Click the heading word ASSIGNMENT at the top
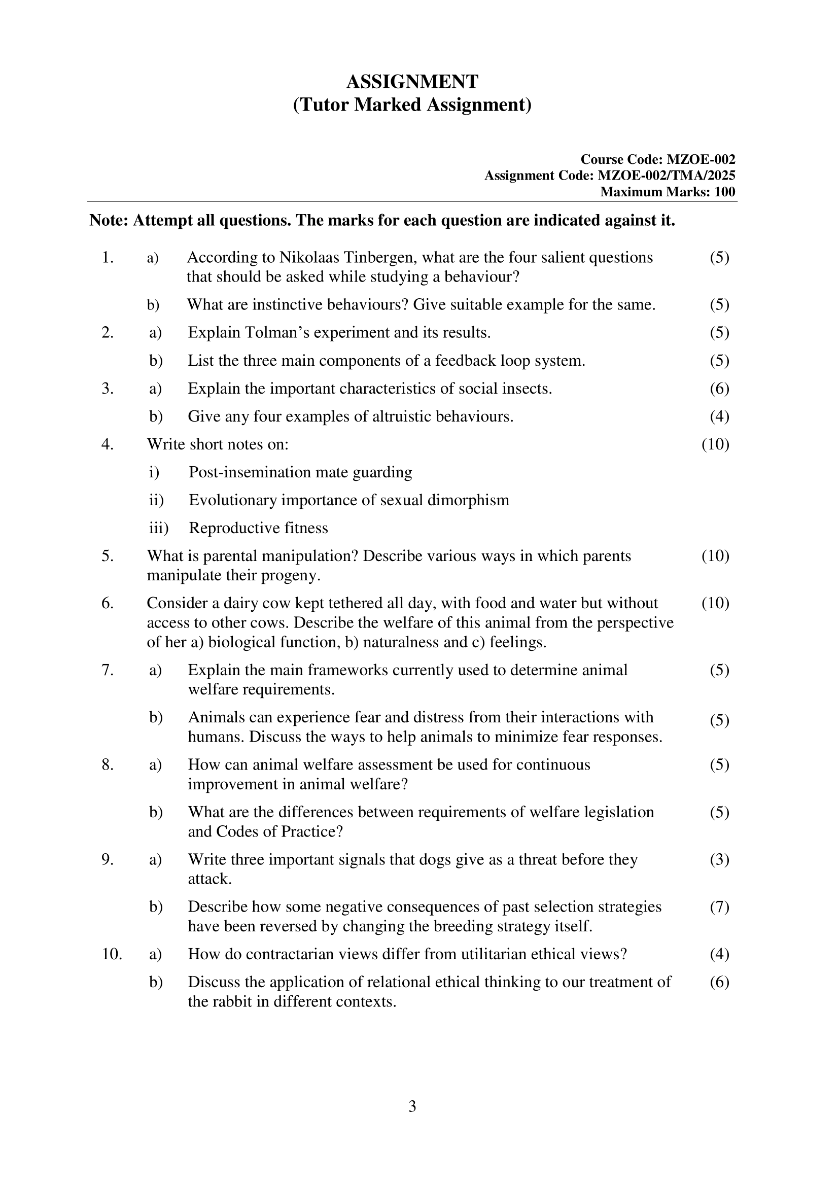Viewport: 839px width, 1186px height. (412, 82)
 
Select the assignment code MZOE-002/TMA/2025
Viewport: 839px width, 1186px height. (666, 176)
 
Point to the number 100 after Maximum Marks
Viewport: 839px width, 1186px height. (725, 192)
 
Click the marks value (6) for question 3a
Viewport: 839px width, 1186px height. (719, 389)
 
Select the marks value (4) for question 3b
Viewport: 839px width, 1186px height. (719, 416)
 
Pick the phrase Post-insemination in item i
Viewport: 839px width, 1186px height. (250, 472)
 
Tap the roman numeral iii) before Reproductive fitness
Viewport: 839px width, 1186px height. (159, 528)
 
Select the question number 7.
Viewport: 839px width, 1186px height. (107, 670)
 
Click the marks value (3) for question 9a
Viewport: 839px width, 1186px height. (719, 859)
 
